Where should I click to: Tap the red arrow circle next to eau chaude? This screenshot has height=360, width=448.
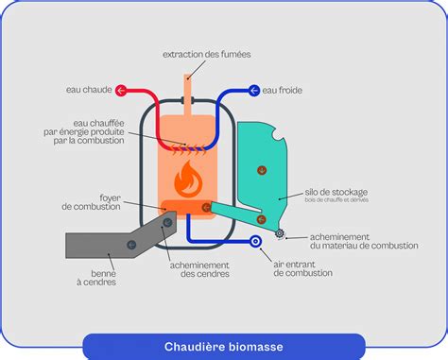coord(122,91)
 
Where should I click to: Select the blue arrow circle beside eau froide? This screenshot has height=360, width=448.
coord(252,91)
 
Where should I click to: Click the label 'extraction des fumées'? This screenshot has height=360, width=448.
coord(207,54)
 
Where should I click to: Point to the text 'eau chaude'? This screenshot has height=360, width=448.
coord(88,91)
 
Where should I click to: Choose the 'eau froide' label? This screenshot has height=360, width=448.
coord(283,91)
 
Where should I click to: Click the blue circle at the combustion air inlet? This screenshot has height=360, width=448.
coord(255,242)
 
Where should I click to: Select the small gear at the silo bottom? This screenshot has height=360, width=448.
coord(280,232)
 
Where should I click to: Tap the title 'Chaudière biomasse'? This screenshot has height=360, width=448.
coord(223,345)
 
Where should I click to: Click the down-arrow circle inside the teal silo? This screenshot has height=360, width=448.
coord(262,170)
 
